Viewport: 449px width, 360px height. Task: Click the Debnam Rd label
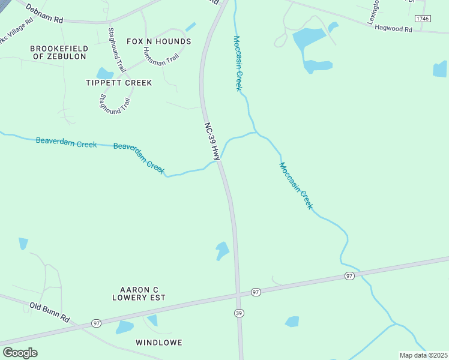(x=44, y=12)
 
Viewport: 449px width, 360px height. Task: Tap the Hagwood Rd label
(x=394, y=28)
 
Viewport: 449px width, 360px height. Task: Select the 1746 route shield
(x=423, y=19)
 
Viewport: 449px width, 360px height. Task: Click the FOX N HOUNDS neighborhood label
(x=159, y=41)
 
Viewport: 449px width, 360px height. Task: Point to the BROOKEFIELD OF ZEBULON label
(x=59, y=52)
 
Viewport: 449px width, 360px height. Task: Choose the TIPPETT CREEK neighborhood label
(x=119, y=82)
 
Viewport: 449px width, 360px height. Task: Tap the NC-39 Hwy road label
(x=211, y=141)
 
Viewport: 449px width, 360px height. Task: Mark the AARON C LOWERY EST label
(x=139, y=293)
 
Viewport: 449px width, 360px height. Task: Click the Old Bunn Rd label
(x=50, y=312)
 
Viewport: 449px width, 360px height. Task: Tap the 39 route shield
(x=239, y=313)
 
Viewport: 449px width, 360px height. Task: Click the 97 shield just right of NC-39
(x=256, y=292)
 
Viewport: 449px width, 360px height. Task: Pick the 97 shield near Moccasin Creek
(x=349, y=275)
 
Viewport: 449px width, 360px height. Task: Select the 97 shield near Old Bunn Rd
(x=97, y=323)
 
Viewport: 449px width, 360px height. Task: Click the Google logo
(x=20, y=353)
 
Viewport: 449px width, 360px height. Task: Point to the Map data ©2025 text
(x=424, y=355)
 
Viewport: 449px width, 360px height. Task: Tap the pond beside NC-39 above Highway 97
(x=222, y=250)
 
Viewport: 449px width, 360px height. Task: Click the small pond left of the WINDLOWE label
(x=124, y=327)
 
